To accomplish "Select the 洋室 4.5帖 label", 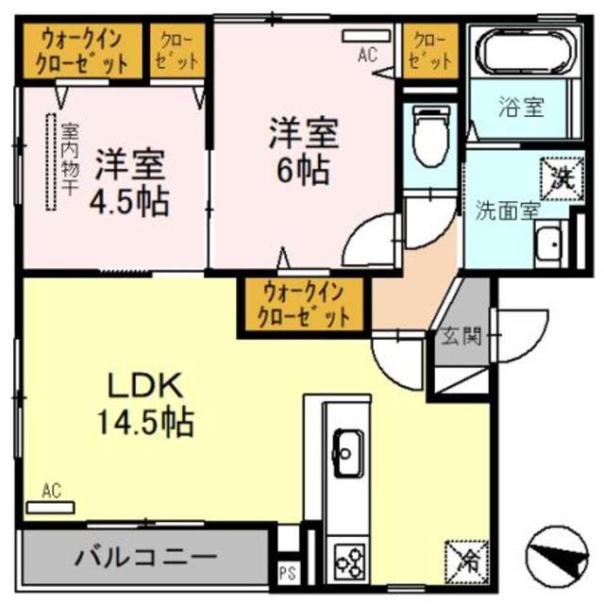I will pyautogui.click(x=131, y=184).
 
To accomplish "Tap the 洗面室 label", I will pyautogui.click(x=506, y=210).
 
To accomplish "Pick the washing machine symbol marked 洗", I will pyautogui.click(x=554, y=173).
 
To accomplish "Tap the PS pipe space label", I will pyautogui.click(x=286, y=571).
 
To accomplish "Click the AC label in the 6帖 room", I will pyautogui.click(x=367, y=55).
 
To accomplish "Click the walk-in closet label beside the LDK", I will pyautogui.click(x=300, y=303).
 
